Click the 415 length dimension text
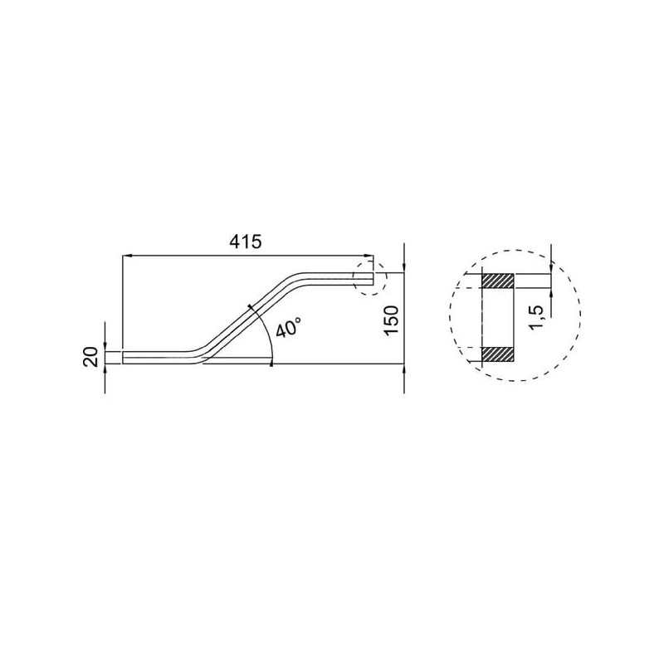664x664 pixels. [246, 242]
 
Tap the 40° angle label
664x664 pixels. [288, 328]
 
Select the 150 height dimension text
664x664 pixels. [391, 320]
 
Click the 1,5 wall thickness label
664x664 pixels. [536, 316]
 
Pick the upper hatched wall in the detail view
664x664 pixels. [498, 281]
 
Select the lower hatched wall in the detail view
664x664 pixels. [498, 354]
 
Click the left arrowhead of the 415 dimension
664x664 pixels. [126, 256]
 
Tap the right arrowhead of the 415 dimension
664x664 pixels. [369, 256]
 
